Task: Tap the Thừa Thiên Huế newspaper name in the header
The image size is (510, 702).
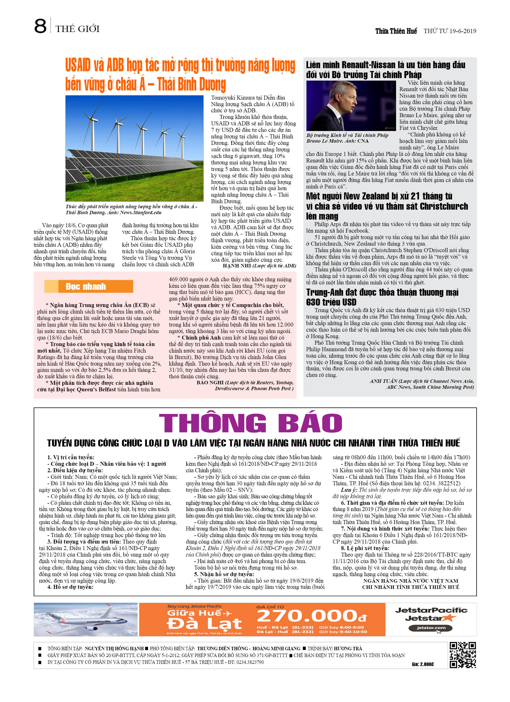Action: [396, 31]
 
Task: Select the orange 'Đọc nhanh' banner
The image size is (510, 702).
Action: [89, 286]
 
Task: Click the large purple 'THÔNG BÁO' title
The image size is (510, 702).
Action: [250, 423]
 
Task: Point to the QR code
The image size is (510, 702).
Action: [463, 655]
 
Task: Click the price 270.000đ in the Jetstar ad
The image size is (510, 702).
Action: [312, 616]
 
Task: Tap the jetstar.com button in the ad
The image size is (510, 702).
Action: [430, 628]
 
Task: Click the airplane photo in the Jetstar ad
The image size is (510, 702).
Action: [86, 619]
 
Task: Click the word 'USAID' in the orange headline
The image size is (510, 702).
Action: [78, 65]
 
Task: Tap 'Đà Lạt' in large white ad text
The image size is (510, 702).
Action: [204, 624]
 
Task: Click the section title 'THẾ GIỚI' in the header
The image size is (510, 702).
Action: [78, 29]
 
